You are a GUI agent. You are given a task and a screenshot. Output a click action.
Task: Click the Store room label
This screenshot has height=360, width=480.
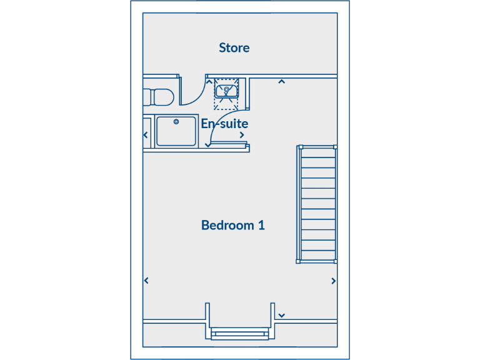pyautogui.click(x=234, y=47)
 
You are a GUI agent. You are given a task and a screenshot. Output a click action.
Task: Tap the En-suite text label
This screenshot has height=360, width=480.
pyautogui.click(x=224, y=124)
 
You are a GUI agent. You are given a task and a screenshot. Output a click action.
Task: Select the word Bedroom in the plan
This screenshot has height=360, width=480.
pyautogui.click(x=227, y=225)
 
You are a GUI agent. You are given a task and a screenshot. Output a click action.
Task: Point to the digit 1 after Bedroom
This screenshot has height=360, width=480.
pyautogui.click(x=261, y=225)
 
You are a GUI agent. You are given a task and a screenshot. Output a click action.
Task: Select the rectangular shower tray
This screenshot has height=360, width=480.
pyautogui.click(x=176, y=131)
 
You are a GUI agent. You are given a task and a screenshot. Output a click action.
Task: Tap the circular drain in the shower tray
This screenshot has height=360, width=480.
pyautogui.click(x=176, y=121)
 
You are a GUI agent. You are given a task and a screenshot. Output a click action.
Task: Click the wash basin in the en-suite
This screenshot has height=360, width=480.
pyautogui.click(x=226, y=92)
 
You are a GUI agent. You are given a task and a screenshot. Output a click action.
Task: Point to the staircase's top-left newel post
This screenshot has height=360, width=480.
pyautogui.click(x=300, y=147)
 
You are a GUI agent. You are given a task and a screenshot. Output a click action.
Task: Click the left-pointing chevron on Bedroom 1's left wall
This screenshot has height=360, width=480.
pyautogui.click(x=146, y=281)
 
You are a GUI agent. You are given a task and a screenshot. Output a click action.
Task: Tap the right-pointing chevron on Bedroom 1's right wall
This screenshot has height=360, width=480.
pyautogui.click(x=333, y=281)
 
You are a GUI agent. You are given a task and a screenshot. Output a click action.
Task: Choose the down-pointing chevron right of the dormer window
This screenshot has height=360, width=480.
pyautogui.click(x=282, y=316)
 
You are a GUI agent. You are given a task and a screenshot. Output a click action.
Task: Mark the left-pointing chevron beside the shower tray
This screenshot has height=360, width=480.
pyautogui.click(x=146, y=135)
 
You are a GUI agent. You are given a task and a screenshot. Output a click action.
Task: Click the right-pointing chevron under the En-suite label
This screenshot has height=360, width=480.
pyautogui.click(x=242, y=135)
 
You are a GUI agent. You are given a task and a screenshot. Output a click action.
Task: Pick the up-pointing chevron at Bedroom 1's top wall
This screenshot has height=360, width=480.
pyautogui.click(x=282, y=81)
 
